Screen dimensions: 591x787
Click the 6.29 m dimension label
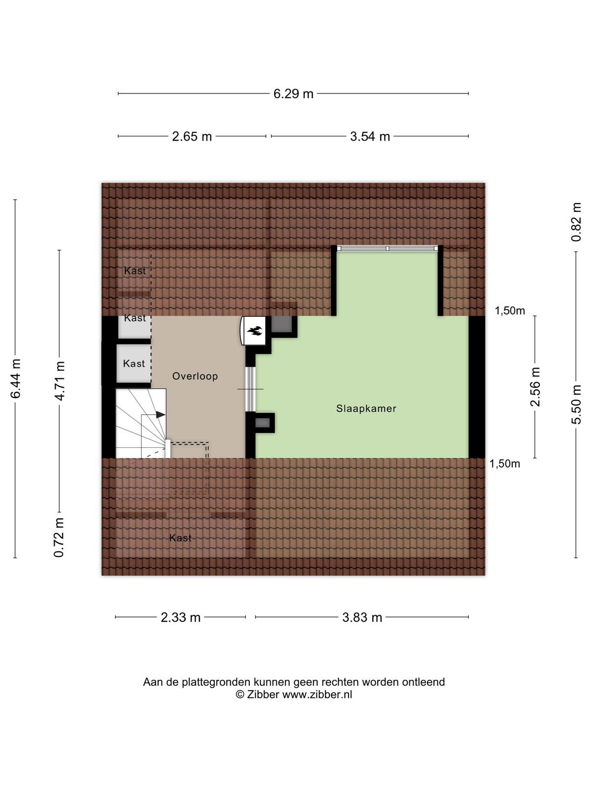coord(293,93)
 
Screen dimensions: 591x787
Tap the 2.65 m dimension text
coord(192,136)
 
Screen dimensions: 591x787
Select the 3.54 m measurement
coord(369,136)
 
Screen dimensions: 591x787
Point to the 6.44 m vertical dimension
coord(16,378)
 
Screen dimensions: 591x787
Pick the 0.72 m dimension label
coord(59,538)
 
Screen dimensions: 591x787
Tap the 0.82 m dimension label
coord(576,222)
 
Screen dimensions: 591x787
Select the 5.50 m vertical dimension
coord(576,404)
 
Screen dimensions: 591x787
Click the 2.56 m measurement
coord(535,387)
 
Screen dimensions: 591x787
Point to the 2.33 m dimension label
coord(180,617)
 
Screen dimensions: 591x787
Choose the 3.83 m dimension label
coord(361,617)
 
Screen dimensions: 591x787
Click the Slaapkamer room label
coord(366,408)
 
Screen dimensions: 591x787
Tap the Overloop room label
coord(195,376)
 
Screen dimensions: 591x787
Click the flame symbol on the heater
coord(255,331)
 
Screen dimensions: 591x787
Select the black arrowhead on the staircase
coord(161,415)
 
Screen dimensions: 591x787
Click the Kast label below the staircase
coord(180,538)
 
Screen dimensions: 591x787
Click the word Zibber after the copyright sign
coord(263,695)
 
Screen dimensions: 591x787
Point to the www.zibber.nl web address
coord(317,695)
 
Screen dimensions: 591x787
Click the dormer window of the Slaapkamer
coord(388,248)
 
